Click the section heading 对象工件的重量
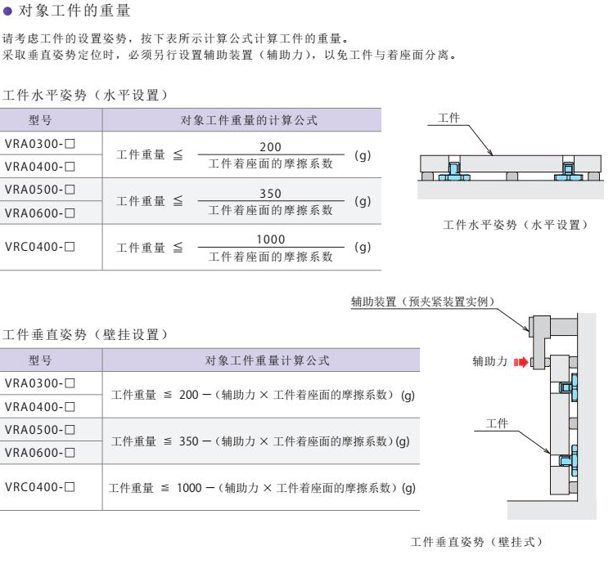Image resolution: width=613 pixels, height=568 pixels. coord(74,11)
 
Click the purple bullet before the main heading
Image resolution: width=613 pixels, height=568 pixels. coord(8,11)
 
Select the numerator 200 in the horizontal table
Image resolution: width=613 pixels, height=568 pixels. coord(270,147)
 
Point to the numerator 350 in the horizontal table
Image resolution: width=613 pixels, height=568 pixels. coord(270,194)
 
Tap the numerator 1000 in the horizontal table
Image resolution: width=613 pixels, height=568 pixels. coord(270,239)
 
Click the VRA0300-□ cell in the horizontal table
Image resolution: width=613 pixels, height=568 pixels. coord(40,143)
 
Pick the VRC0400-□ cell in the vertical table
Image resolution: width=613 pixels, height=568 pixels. coord(40,487)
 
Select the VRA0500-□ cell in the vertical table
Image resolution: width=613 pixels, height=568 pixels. coord(40,429)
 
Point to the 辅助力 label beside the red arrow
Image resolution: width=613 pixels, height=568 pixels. coord(489,360)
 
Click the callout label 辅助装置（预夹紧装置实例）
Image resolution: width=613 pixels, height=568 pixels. coord(424,302)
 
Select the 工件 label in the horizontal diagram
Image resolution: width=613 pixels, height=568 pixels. coord(449,119)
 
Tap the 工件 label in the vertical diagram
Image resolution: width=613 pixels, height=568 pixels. coord(497,423)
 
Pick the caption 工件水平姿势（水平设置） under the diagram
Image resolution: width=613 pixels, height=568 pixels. coord(515,225)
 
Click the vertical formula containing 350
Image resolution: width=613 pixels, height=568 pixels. coord(261,441)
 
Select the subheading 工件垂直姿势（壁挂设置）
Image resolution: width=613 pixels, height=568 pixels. coord(86,334)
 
